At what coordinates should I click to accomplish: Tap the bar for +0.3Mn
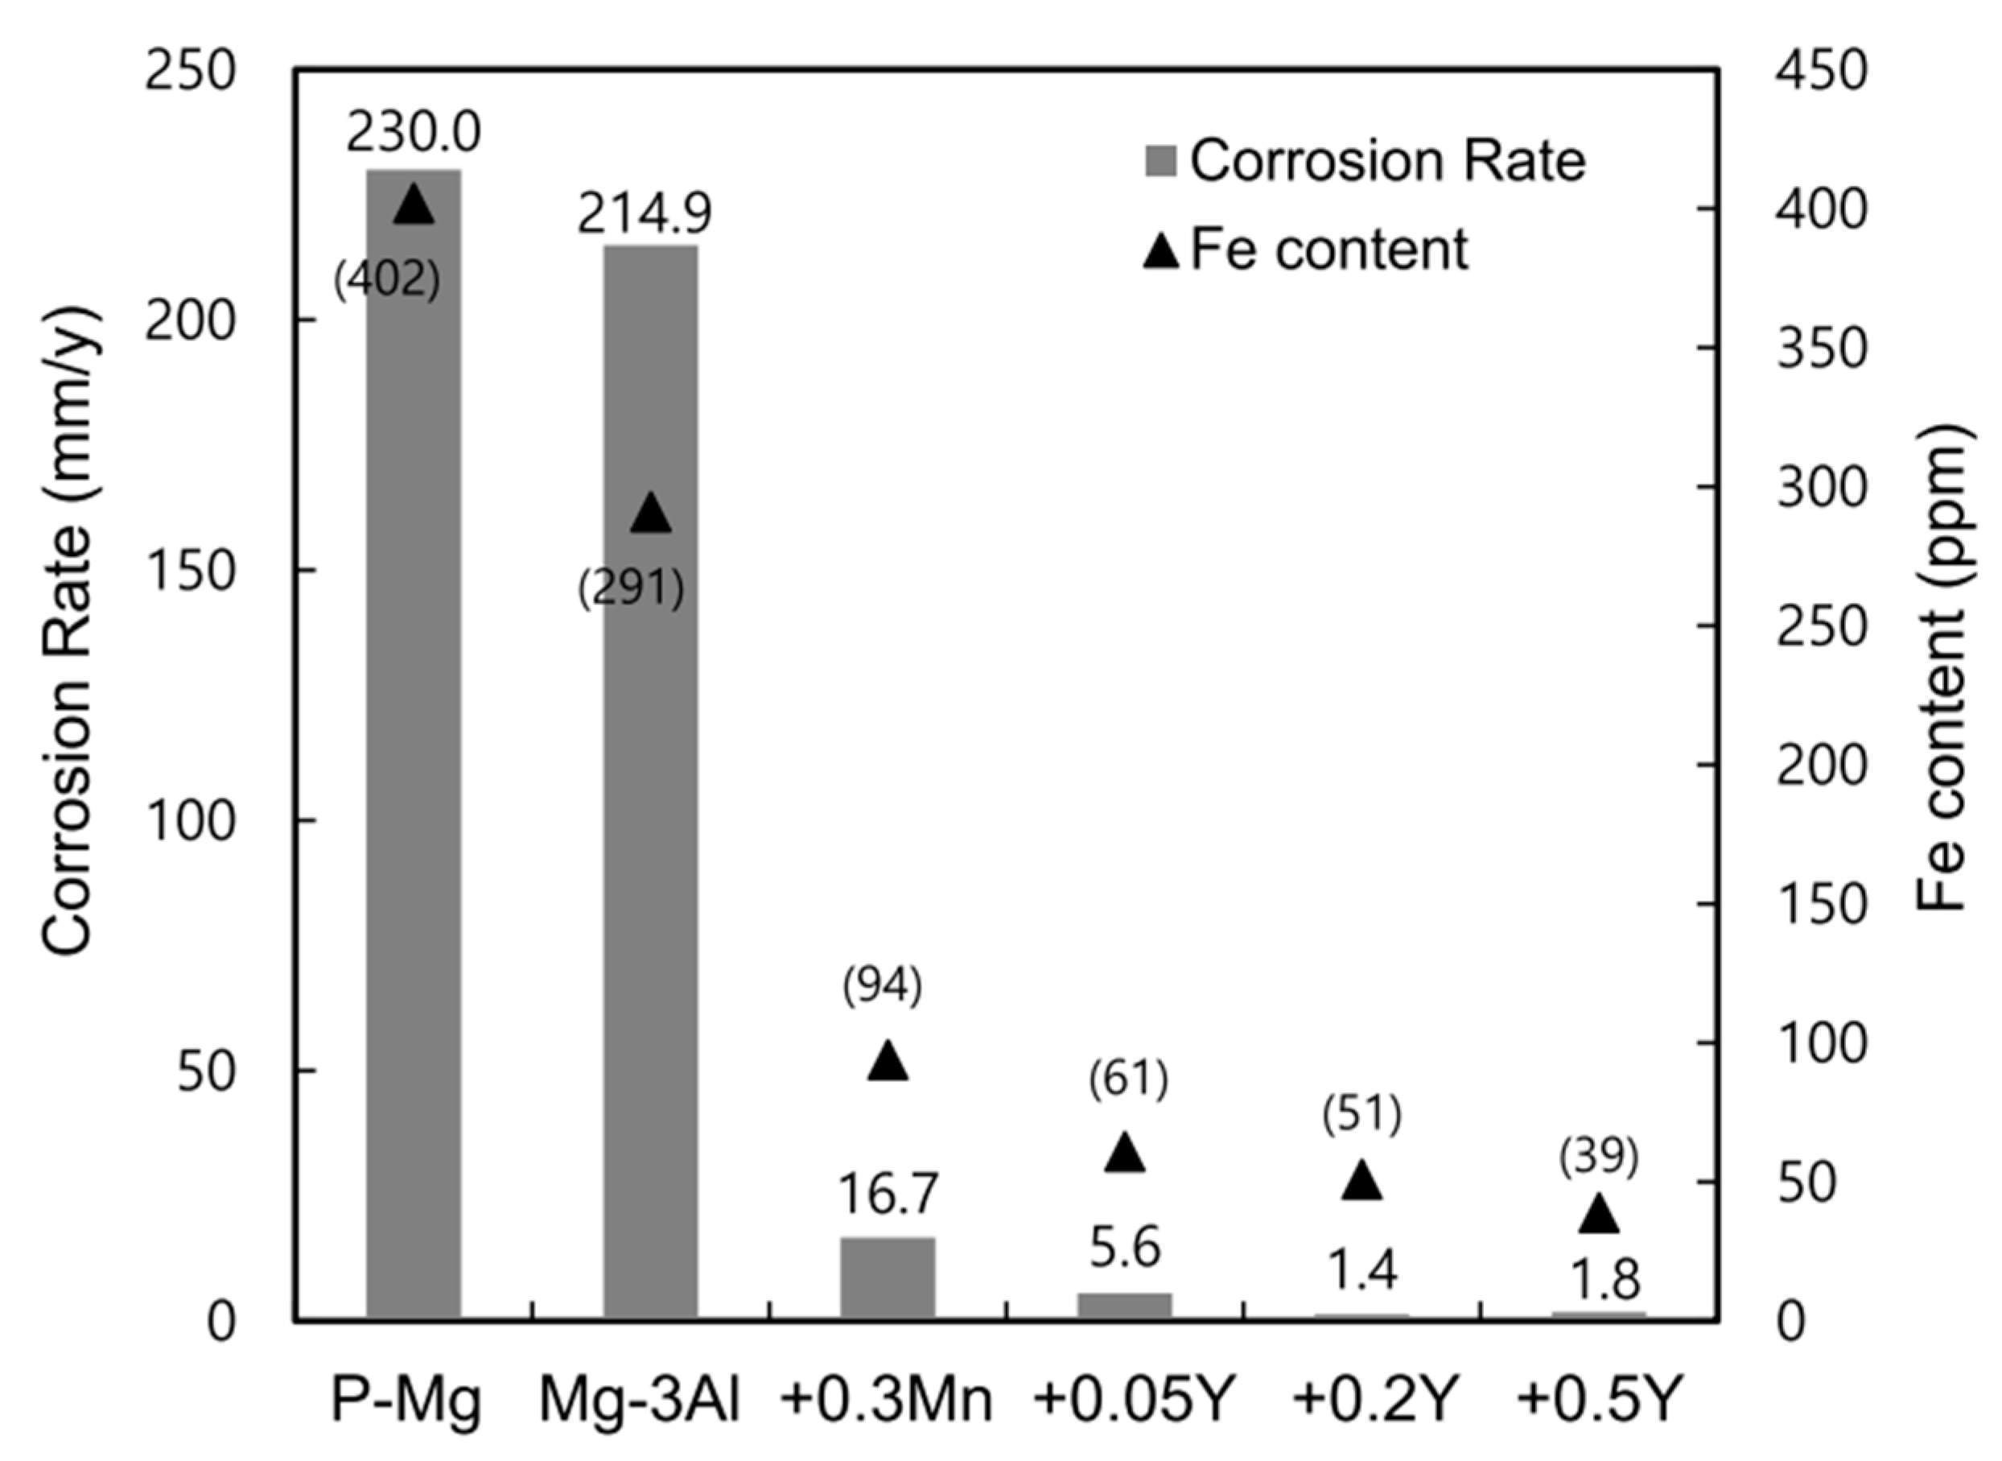point(888,1279)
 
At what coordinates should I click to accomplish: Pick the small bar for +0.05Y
point(1124,1306)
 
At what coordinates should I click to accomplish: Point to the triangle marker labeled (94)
point(888,1063)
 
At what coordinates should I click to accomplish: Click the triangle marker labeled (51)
point(1361,1182)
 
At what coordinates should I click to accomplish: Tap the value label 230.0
point(413,133)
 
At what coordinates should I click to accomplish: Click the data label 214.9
point(645,213)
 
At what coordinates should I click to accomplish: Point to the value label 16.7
point(888,1194)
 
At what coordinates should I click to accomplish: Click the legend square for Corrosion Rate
point(1160,162)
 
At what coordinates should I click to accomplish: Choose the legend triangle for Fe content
point(1161,251)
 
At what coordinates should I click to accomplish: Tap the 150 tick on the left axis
point(190,571)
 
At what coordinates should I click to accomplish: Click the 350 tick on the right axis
point(1822,349)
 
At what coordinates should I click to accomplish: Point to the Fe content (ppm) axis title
point(1940,667)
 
